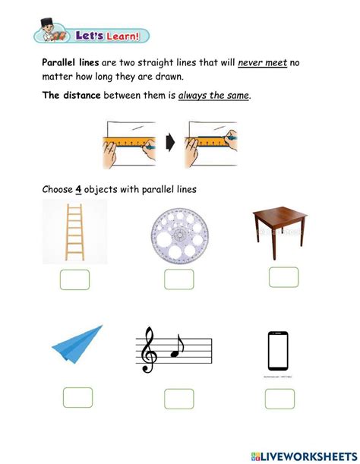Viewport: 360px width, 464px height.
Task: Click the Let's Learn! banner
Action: pos(92,35)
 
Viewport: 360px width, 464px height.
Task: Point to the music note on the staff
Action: pos(177,345)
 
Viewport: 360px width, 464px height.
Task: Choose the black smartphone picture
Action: pos(279,350)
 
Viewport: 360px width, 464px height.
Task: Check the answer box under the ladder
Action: pos(74,279)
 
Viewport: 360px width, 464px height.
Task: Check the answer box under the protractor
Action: pos(178,280)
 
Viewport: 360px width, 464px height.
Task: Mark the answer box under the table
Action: pos(283,276)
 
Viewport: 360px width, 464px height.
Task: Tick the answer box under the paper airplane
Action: pos(77,397)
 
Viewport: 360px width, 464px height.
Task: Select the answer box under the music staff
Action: pos(179,399)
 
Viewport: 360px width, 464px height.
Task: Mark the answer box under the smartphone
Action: pos(279,399)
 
